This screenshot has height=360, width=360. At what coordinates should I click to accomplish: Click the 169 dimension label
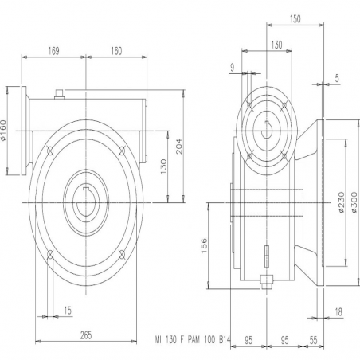(x=53, y=51)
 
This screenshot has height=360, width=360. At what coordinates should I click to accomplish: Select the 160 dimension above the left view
(x=116, y=51)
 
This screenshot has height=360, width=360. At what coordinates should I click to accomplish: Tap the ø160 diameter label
(x=3, y=130)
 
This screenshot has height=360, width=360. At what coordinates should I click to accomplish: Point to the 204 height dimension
(x=179, y=146)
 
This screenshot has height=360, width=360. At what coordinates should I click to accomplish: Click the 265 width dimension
(x=86, y=335)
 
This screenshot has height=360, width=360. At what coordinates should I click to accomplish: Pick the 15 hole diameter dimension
(x=68, y=310)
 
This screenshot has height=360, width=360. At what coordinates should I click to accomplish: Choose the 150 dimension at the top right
(x=295, y=19)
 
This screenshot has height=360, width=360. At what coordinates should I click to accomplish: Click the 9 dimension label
(x=233, y=68)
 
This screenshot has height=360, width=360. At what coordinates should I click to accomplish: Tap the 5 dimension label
(x=337, y=78)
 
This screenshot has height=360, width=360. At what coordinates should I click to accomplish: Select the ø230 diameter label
(x=341, y=202)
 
